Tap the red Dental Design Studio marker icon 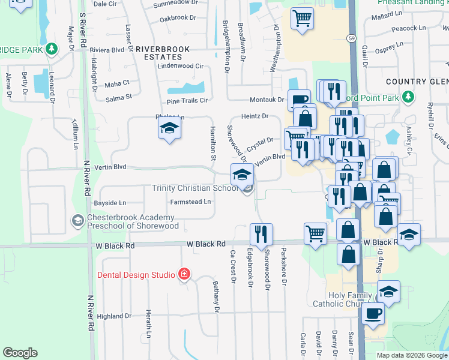(184, 275)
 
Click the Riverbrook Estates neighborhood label (163, 52)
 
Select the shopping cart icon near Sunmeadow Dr (302, 17)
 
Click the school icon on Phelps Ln (169, 127)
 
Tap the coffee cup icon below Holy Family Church (373, 313)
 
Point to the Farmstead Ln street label (190, 202)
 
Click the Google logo (20, 353)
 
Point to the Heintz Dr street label (254, 116)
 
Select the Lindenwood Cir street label (181, 66)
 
